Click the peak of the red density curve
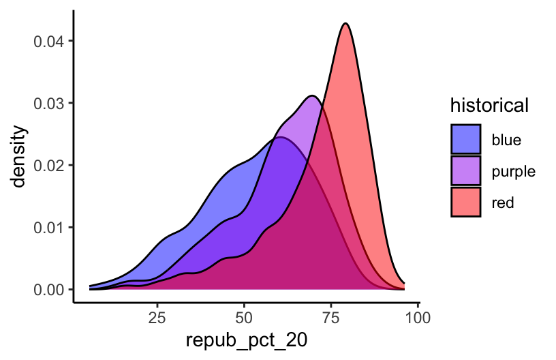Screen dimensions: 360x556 tap(346, 24)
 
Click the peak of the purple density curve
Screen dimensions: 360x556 tap(312, 95)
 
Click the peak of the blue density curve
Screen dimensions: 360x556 tap(279, 138)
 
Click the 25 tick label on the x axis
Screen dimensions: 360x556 tap(157, 317)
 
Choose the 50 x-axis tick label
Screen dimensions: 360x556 tap(244, 317)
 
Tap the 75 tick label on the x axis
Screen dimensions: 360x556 tap(330, 317)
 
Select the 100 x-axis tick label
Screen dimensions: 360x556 tap(417, 317)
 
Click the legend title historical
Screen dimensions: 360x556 tap(489, 106)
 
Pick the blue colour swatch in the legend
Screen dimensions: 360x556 tap(466, 140)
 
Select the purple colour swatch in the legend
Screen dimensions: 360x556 tap(466, 171)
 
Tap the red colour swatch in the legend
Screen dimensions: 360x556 tap(466, 202)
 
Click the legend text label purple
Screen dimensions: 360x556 tap(512, 171)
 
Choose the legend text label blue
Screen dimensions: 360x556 tap(506, 140)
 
